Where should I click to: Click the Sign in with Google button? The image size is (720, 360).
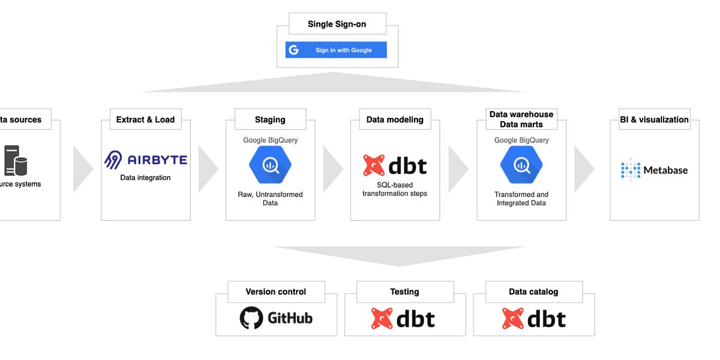point(336,50)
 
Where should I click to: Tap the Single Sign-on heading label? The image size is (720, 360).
point(337,24)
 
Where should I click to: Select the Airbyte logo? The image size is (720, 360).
point(145,160)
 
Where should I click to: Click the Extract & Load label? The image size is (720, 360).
point(145,119)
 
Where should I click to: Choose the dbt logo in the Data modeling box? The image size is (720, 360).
point(394,165)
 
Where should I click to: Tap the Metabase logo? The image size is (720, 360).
point(654,170)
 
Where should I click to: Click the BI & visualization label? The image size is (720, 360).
point(654,119)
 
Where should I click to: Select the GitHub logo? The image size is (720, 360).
point(276,318)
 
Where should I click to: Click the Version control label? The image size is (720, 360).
point(276,292)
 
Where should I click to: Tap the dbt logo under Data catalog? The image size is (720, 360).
point(533,319)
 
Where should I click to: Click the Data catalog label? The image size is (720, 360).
point(533,292)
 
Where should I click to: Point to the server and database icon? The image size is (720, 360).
point(16,160)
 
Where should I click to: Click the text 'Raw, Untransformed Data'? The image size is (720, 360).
point(270,199)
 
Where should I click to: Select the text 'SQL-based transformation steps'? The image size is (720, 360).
point(394,189)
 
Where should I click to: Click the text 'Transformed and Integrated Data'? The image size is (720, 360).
point(521,199)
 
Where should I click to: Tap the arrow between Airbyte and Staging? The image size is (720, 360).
point(207,169)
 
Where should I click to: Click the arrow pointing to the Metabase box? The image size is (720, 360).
point(583,169)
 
